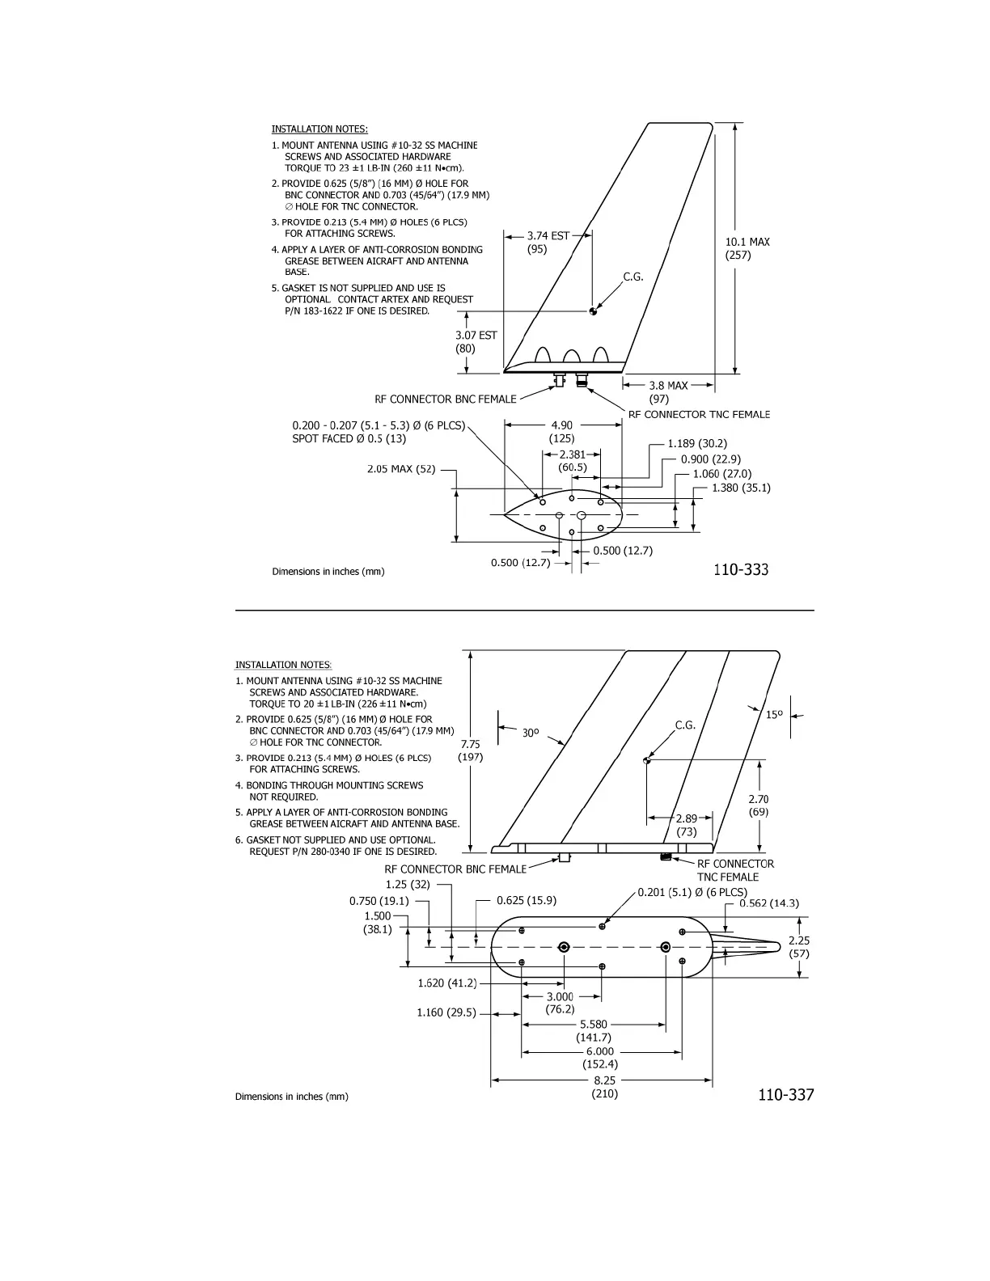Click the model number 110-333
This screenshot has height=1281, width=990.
740,569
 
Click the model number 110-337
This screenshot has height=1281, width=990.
785,1094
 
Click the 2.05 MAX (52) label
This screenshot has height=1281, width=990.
401,469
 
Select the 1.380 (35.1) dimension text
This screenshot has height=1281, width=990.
740,488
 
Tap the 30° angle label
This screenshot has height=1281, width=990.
530,733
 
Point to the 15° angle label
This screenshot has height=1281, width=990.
774,715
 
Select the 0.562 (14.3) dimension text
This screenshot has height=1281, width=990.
768,903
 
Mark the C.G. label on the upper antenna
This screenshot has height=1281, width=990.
632,277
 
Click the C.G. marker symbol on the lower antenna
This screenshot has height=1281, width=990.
646,760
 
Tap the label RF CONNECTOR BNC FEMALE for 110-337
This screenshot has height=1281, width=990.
455,869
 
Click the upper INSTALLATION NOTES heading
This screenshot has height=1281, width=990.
319,129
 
